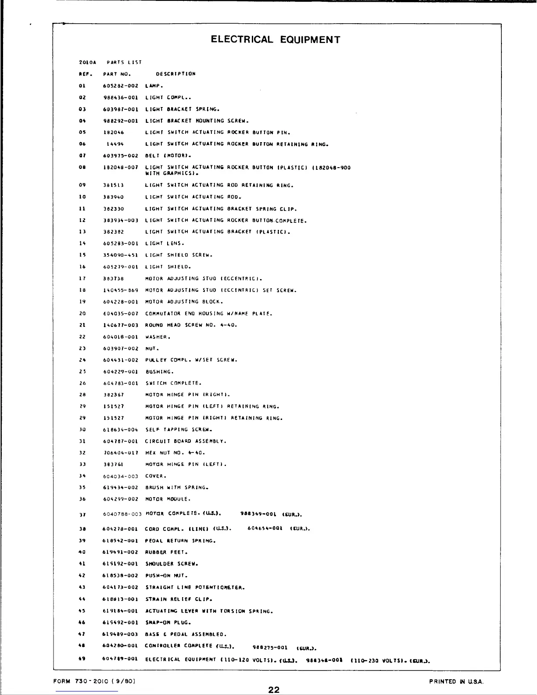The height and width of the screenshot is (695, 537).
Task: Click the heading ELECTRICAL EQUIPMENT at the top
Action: click(x=275, y=39)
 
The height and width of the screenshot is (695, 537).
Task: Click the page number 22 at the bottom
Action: click(x=274, y=690)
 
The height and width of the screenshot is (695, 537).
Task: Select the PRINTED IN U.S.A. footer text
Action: click(x=456, y=681)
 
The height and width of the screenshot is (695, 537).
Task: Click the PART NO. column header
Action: click(x=117, y=74)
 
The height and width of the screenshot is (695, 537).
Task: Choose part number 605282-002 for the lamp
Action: click(x=121, y=86)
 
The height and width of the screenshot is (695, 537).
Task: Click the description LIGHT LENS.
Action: click(x=165, y=244)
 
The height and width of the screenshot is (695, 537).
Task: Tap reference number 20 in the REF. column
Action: click(x=82, y=314)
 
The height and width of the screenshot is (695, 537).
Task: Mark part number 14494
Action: click(x=115, y=144)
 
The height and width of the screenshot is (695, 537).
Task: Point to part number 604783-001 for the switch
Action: click(x=121, y=383)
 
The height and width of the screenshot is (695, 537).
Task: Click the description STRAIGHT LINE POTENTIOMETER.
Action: click(x=195, y=588)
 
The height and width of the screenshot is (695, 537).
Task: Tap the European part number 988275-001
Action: click(x=270, y=648)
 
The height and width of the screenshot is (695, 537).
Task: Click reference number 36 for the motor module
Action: click(x=82, y=499)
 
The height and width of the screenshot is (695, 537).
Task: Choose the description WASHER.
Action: click(x=158, y=337)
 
